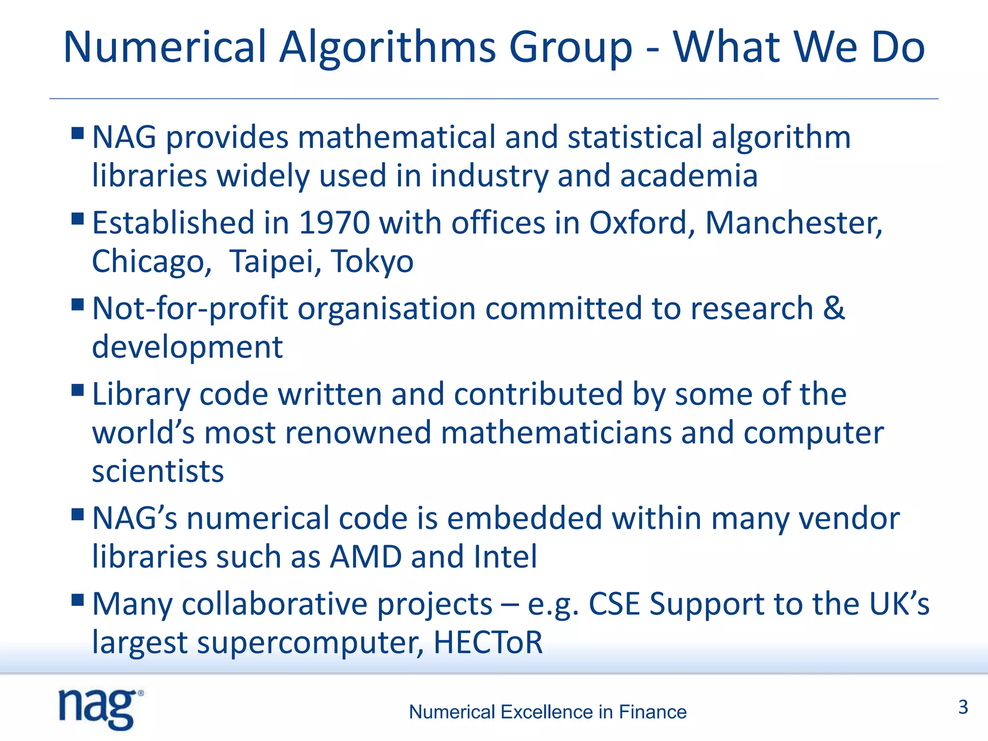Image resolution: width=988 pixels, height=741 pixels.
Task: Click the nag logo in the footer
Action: [x=100, y=709]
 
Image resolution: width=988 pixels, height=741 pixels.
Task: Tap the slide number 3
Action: [x=963, y=707]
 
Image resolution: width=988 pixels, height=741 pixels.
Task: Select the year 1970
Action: [x=334, y=223]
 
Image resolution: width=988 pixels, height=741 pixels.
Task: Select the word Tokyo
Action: [x=372, y=261]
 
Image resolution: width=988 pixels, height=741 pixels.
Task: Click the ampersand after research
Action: [x=834, y=308]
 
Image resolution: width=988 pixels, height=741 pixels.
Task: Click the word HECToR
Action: [x=488, y=642]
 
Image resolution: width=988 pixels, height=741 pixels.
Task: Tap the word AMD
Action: [x=366, y=557]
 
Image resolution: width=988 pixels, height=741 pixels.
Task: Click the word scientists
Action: [x=158, y=471]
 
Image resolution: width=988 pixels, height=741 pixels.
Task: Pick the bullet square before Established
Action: [x=77, y=219]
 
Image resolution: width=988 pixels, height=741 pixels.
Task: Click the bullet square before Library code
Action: [x=77, y=390]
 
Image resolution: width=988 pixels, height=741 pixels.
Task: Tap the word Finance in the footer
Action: [x=652, y=712]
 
